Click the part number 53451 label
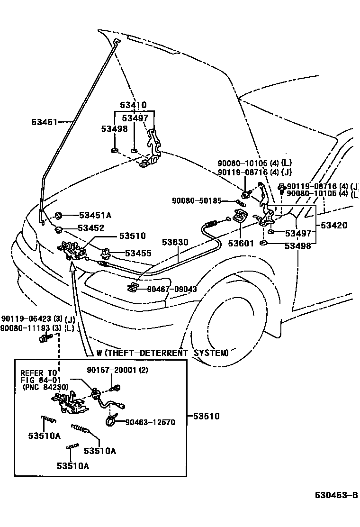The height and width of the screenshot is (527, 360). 45,122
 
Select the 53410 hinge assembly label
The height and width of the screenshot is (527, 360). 133,105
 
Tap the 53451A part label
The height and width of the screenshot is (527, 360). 95,215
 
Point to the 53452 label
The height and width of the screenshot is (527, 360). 91,228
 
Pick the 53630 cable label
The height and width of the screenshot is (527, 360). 175,242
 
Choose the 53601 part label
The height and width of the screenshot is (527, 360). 241,244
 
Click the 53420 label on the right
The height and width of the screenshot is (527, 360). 334,226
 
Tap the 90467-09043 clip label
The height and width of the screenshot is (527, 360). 171,289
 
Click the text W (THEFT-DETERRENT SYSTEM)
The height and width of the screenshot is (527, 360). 162,353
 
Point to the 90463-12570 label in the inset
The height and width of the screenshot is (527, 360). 150,422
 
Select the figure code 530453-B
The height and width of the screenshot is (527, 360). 336,496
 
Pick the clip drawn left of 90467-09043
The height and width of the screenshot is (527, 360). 134,287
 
